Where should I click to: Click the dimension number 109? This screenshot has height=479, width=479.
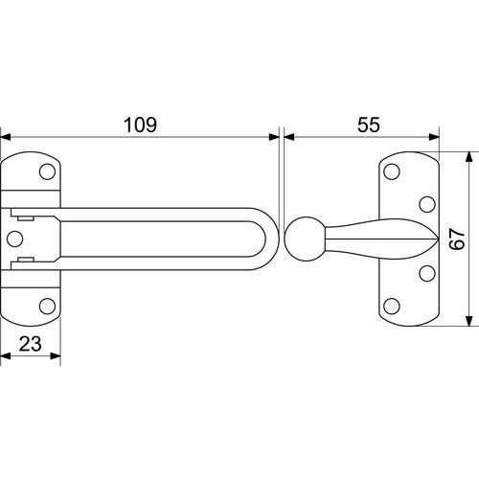tap(140, 125)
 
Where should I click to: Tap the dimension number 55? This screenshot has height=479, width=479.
tap(369, 125)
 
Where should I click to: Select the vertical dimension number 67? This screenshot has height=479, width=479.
tap(457, 239)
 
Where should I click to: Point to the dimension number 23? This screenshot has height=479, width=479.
tap(31, 344)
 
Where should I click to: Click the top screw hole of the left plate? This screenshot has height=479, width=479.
tap(47, 171)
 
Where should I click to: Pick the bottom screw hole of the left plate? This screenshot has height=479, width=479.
tap(47, 307)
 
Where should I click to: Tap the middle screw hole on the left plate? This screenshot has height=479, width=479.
tap(14, 239)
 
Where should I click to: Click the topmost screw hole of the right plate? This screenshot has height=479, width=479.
tap(392, 171)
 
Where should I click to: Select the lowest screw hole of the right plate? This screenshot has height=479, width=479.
tap(392, 307)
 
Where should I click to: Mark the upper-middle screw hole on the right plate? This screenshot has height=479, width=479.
tap(427, 204)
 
